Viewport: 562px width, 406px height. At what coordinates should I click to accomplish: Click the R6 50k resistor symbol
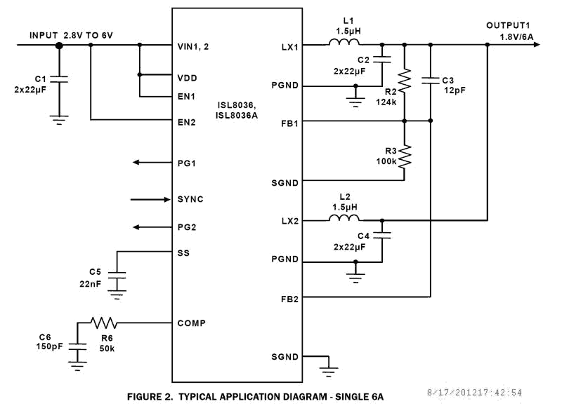(103, 323)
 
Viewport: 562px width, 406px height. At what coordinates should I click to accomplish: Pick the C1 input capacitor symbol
(59, 81)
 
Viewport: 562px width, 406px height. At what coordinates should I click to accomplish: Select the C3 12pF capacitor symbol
(430, 82)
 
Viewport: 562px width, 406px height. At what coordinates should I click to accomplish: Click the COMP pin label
(190, 323)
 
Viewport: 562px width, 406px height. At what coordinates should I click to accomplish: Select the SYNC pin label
(190, 199)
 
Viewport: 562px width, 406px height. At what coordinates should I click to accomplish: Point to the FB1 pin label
(289, 122)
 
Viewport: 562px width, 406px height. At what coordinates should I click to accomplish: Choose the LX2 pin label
(289, 221)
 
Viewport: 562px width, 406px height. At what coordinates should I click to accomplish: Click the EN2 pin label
(186, 122)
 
